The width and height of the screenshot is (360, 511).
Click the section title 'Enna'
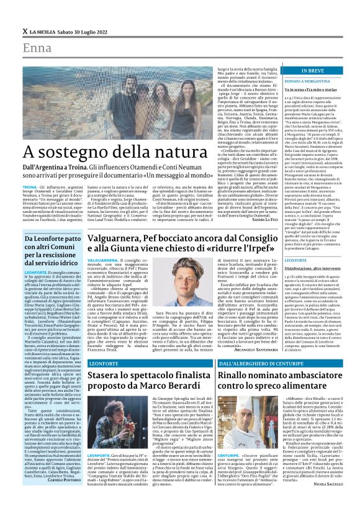click(36, 48)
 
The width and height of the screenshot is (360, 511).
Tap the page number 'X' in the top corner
click(24, 31)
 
